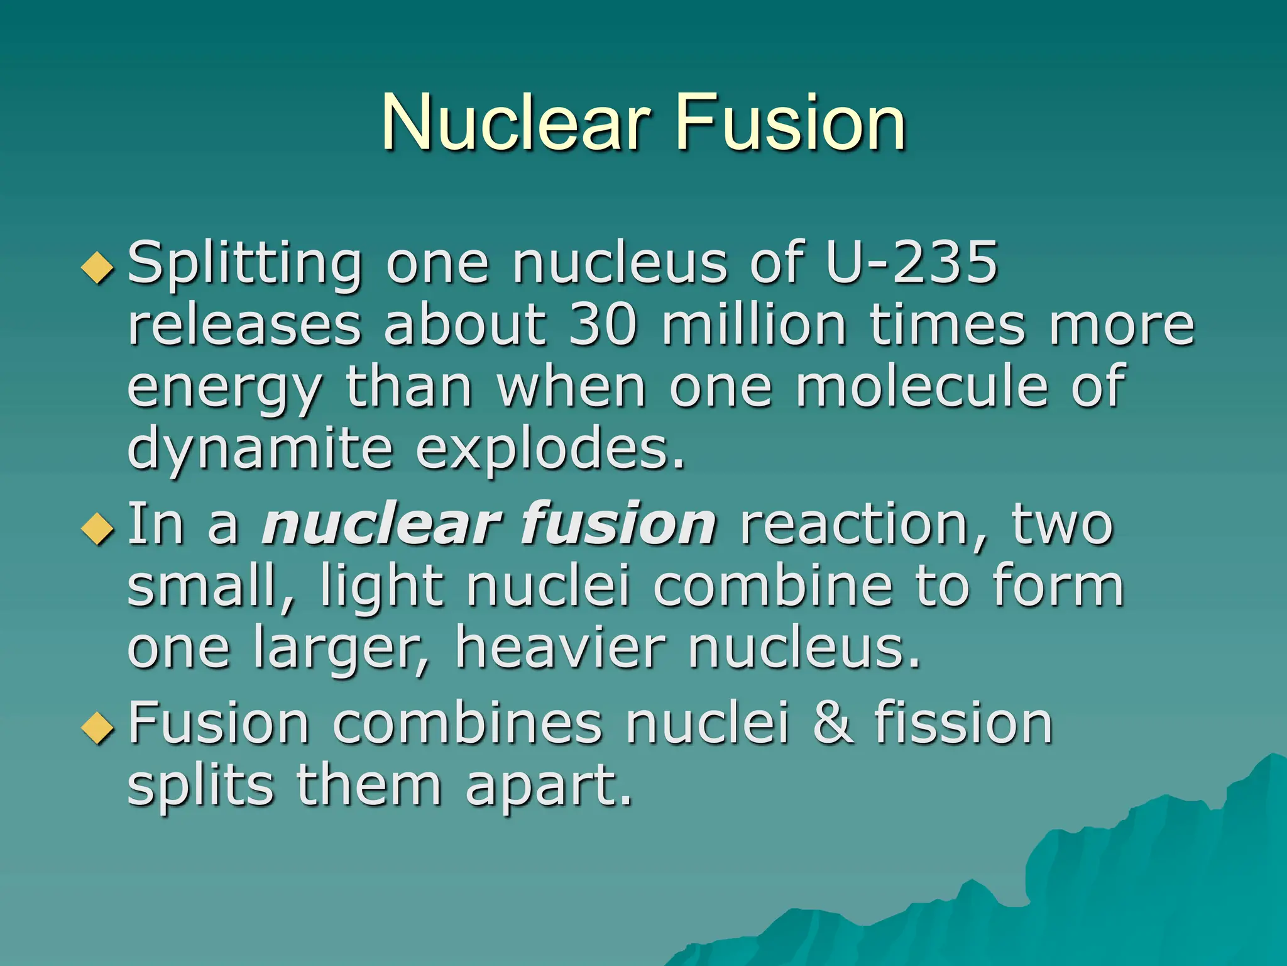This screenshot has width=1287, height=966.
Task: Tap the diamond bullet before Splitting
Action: (98, 268)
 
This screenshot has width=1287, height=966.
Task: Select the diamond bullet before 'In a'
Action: (98, 529)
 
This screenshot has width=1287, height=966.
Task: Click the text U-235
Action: (911, 262)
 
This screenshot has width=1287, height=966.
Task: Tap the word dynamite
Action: (260, 451)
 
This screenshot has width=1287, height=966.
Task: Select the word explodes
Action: (550, 451)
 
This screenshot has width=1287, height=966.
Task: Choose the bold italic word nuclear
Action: (381, 524)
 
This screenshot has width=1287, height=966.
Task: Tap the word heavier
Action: (560, 648)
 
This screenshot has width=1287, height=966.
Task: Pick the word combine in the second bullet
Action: (773, 586)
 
